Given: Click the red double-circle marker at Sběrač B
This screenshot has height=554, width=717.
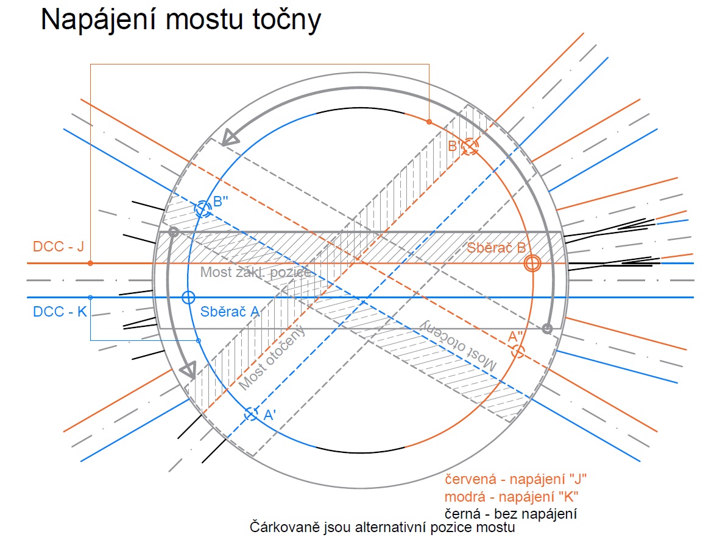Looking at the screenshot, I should point(532,263).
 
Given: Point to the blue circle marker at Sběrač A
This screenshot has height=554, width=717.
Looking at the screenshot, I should point(188,298).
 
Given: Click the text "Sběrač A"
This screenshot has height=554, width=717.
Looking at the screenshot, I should point(230,312).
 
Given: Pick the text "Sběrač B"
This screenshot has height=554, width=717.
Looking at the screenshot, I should point(496,248).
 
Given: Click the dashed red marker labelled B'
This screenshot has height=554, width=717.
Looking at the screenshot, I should point(469,147).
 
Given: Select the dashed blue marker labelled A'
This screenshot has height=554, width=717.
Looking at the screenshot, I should point(251,414).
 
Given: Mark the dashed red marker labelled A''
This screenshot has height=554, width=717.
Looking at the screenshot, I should point(518,351).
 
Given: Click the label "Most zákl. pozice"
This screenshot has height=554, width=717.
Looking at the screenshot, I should point(256,272).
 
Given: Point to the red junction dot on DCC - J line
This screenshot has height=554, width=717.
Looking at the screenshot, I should point(90,263).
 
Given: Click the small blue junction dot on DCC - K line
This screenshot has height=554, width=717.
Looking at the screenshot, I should point(90,297).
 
